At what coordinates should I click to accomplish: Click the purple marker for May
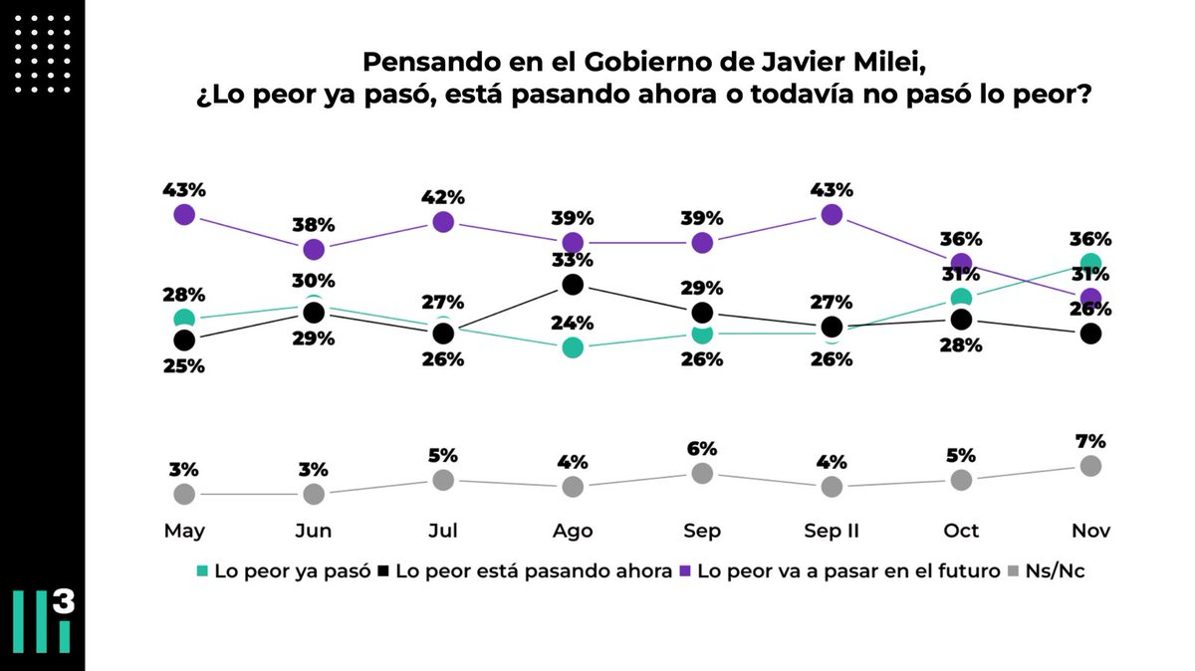183,214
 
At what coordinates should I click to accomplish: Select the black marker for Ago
573,285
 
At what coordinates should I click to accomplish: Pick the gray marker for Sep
702,473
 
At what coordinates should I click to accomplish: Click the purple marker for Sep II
832,214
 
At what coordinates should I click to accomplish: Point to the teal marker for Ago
573,347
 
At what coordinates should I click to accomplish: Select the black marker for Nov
1090,334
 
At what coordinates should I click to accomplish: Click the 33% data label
573,260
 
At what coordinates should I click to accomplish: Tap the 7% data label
1090,441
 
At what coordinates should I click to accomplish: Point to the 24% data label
573,323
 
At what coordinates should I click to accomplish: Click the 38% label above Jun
313,224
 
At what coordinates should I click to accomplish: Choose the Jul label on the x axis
442,532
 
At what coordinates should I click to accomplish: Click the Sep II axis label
832,532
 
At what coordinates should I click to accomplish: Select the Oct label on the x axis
961,532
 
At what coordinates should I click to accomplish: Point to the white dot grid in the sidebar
42,56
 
